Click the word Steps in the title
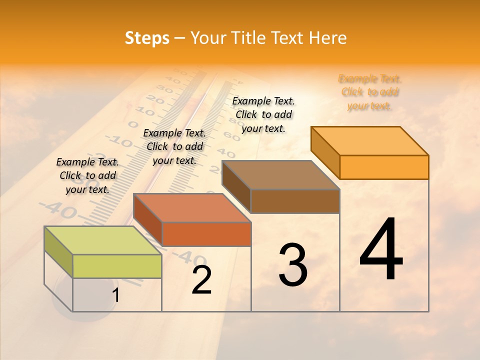coord(147,38)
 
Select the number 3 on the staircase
coord(293,265)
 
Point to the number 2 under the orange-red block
coord(201,280)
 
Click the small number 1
coord(116,295)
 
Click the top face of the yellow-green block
coord(102,240)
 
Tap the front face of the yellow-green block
coord(117,266)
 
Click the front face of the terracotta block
coord(206,234)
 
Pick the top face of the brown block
coord(280,175)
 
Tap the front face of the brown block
coord(295,201)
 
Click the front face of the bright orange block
coord(384,167)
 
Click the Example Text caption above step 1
coord(87,175)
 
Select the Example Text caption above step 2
coord(174,146)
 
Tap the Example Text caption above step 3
coord(263,114)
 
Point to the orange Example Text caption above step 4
coord(370,92)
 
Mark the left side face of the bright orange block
coord(325,152)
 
